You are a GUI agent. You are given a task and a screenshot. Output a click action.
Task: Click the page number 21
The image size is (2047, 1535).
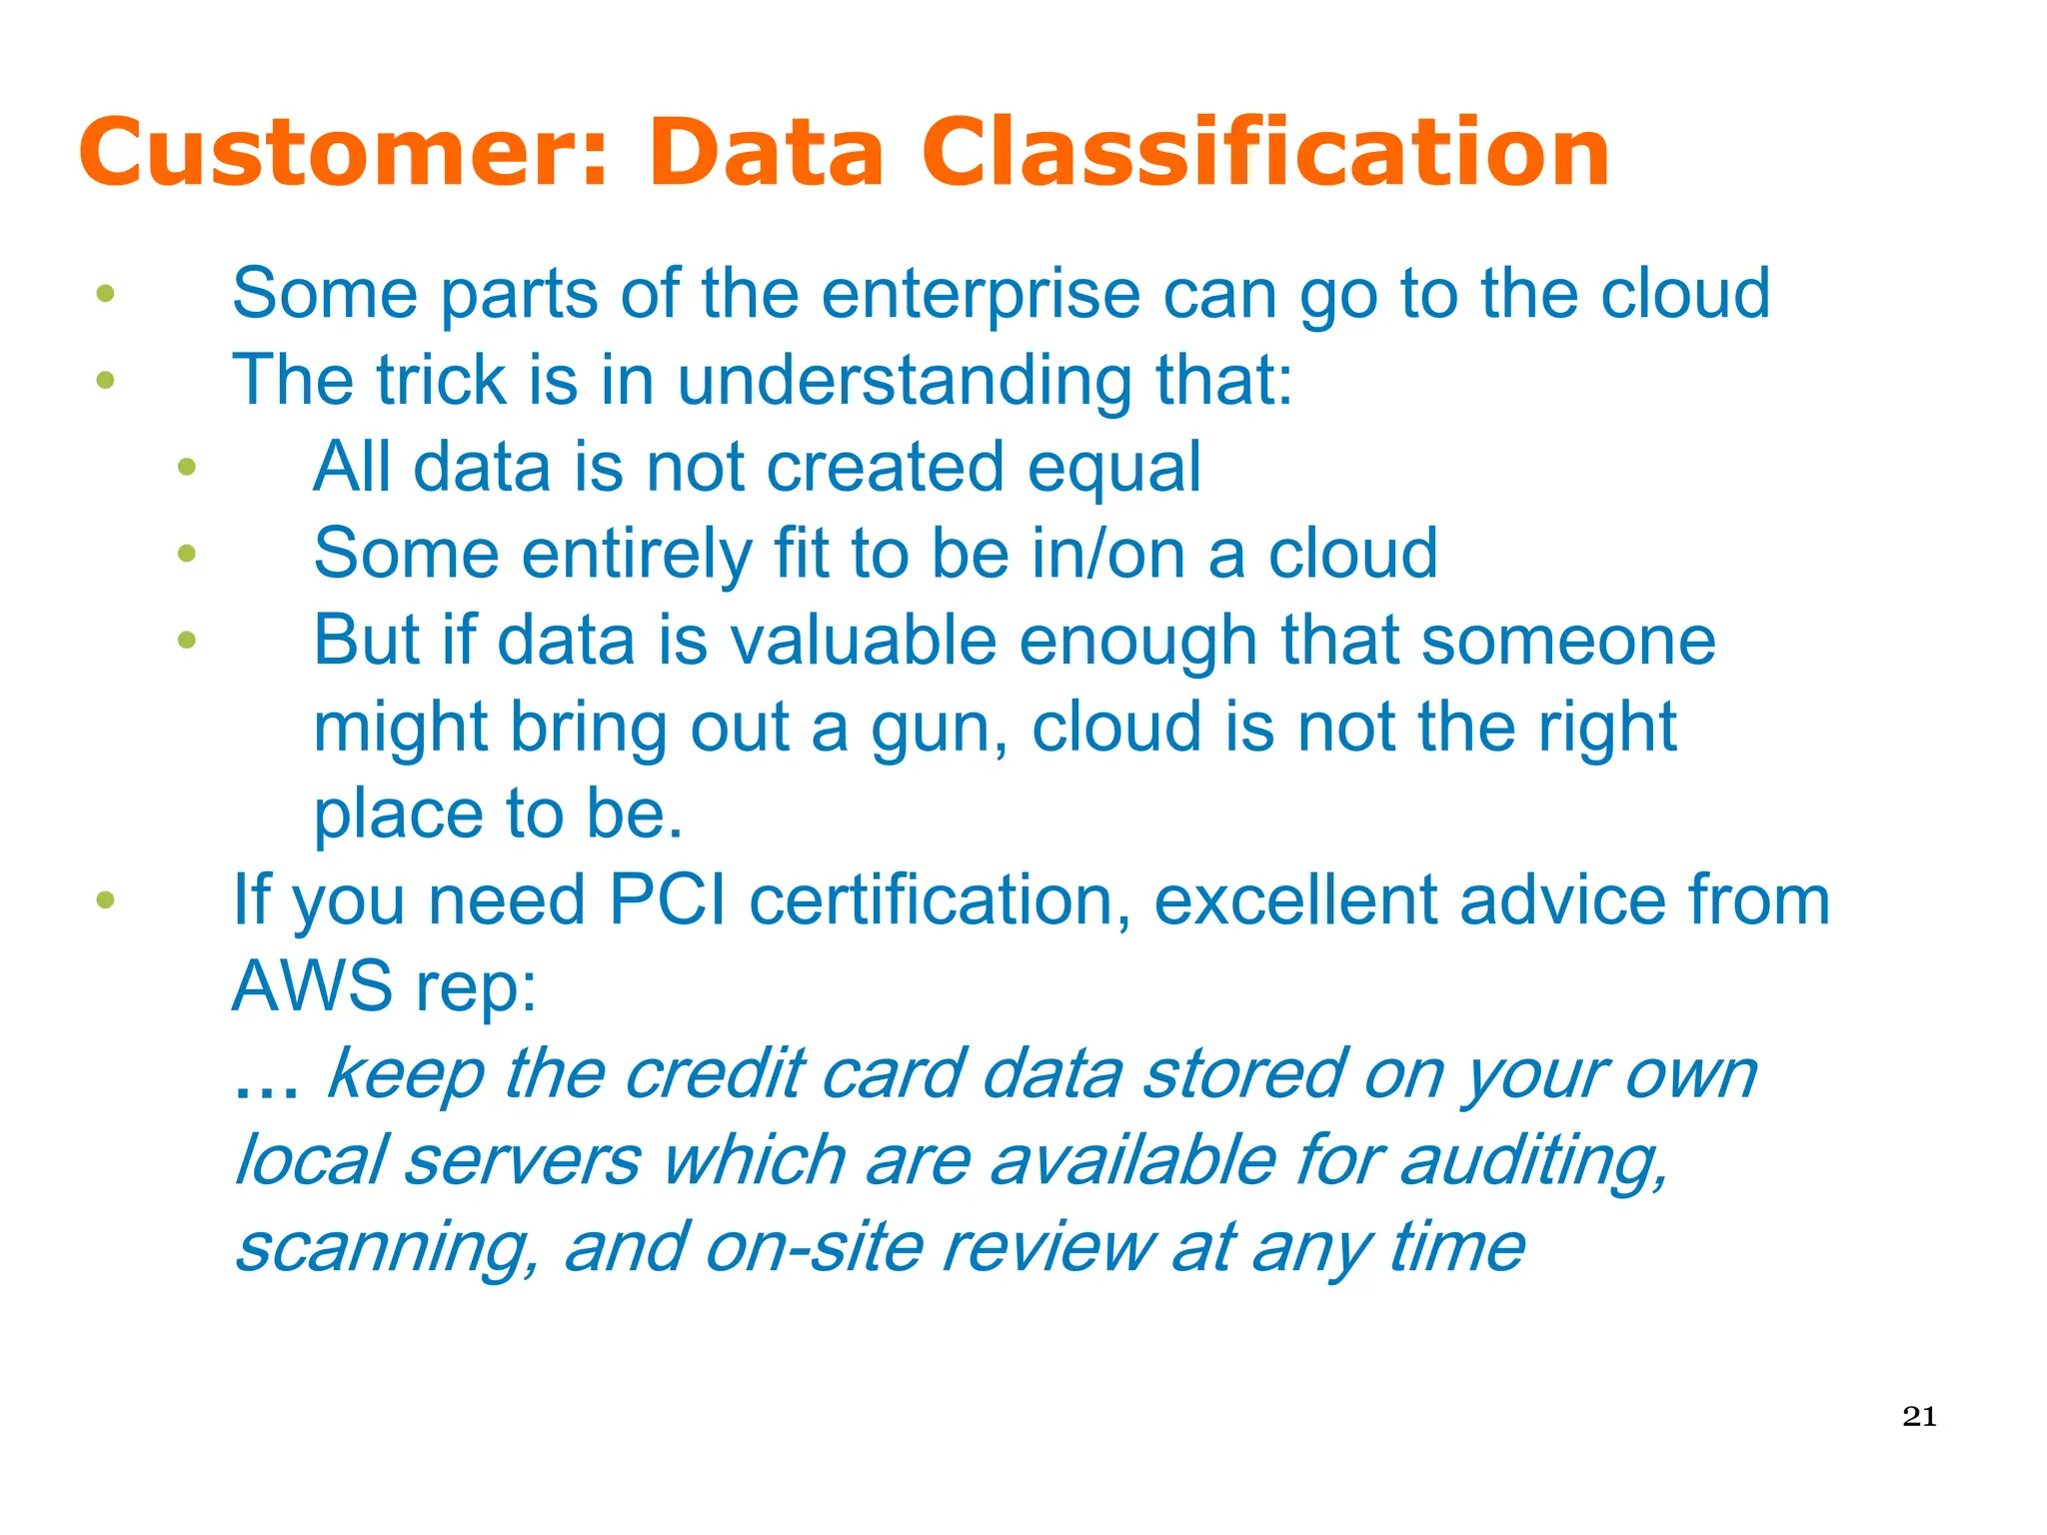[1919, 1416]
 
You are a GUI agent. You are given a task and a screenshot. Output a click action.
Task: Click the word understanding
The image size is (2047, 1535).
[905, 382]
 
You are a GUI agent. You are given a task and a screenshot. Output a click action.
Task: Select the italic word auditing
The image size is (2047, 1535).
[1533, 1162]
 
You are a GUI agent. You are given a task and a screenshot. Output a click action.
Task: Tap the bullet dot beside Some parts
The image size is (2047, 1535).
[105, 294]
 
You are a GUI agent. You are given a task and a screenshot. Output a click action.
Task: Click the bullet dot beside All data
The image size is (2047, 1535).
[187, 467]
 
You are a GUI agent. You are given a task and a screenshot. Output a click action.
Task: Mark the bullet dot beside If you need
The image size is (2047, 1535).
[105, 900]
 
